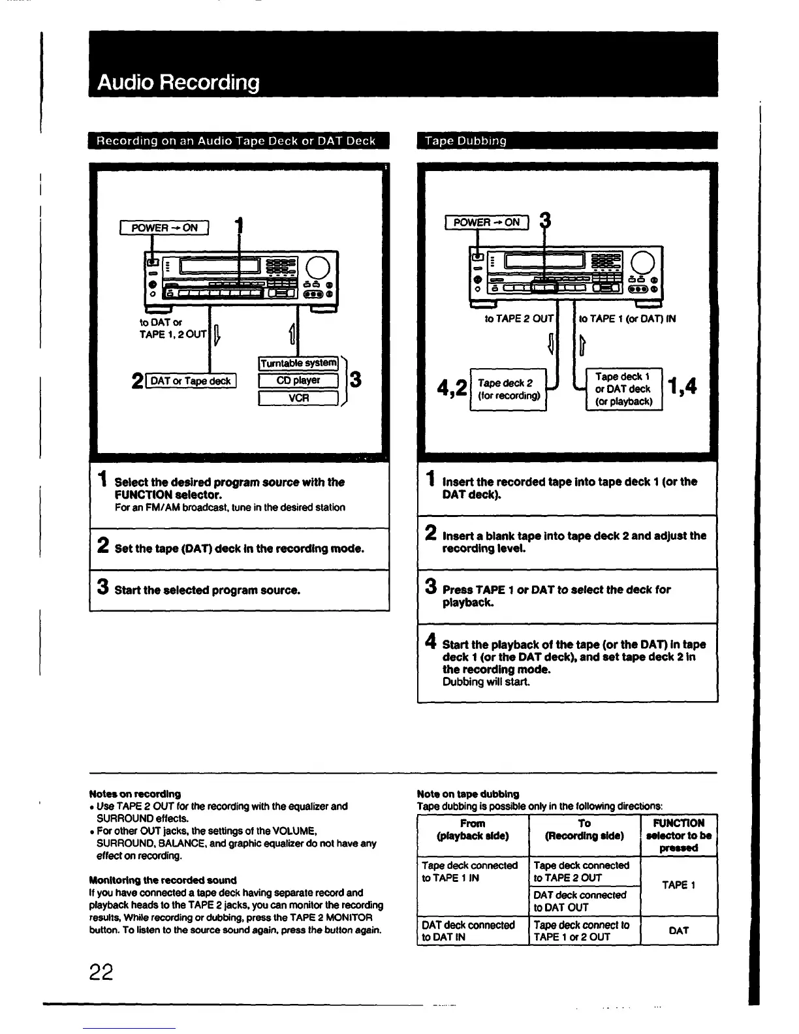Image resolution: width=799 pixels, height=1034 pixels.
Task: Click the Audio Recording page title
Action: pos(178,83)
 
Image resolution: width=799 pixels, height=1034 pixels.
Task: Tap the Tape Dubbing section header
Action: pos(465,141)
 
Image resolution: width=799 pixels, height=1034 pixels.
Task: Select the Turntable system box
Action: pos(298,363)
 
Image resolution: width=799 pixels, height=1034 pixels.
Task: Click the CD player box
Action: pos(298,381)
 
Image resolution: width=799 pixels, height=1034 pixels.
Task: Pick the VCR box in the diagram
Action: pos(298,398)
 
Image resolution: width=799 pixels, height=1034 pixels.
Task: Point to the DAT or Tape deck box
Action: pos(191,381)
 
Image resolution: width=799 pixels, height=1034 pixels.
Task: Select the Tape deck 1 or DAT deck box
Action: pos(623,389)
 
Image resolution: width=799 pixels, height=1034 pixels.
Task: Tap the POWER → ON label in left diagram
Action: pos(164,228)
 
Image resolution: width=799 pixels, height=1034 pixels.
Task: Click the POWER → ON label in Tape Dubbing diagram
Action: pos(486,222)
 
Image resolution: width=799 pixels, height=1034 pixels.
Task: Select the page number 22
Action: pos(102,973)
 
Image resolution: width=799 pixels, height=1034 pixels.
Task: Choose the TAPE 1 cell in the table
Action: pos(678,885)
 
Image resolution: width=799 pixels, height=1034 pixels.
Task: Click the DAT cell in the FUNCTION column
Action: pos(678,931)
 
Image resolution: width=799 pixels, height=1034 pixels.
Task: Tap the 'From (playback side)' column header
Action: pos(472,830)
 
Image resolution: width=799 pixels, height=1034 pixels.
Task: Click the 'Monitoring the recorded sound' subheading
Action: pos(163,880)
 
